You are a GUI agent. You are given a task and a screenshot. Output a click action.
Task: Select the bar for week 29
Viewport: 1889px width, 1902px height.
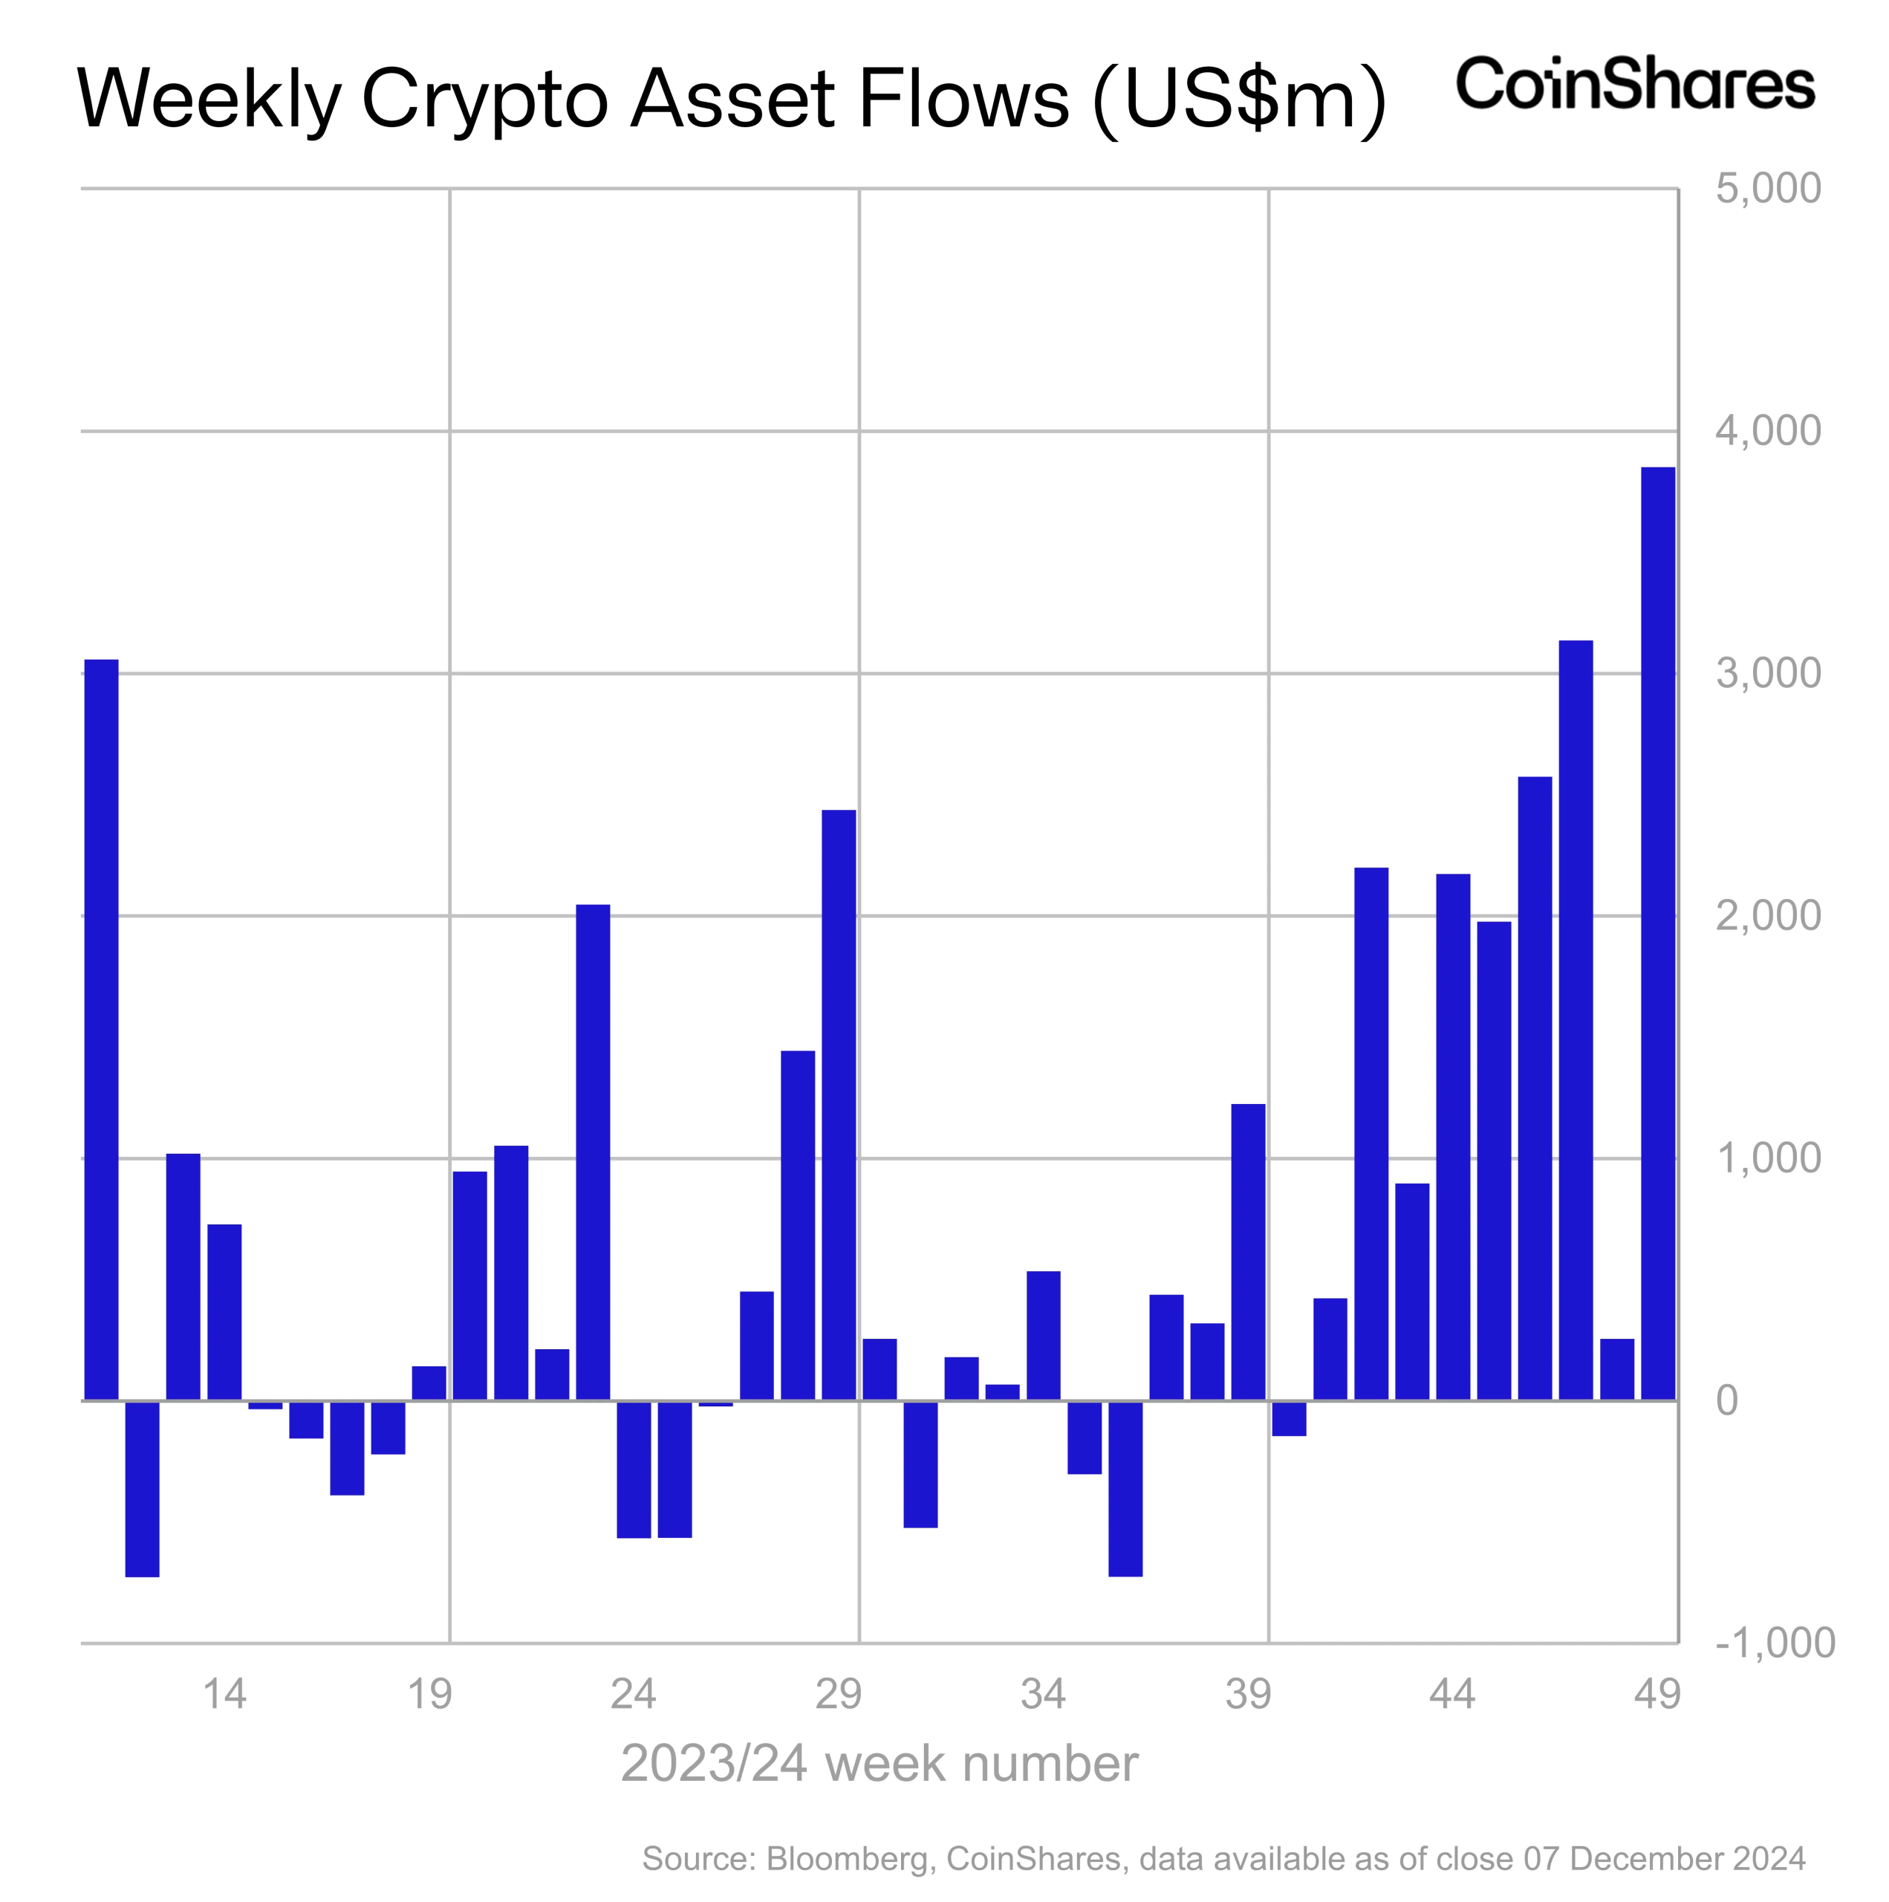pyautogui.click(x=839, y=1103)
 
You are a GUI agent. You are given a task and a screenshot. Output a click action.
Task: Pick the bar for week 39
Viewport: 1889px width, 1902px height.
pyautogui.click(x=1248, y=1251)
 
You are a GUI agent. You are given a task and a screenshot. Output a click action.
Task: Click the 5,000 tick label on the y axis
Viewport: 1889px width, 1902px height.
pyautogui.click(x=1768, y=188)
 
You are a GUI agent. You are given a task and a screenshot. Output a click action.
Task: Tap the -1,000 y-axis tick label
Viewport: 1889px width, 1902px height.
pyautogui.click(x=1775, y=1642)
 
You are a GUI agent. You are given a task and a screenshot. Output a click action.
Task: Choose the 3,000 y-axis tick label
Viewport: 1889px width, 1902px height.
pyautogui.click(x=1768, y=673)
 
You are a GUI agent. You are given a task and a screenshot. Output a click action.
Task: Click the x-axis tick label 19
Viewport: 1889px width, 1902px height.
pyautogui.click(x=429, y=1694)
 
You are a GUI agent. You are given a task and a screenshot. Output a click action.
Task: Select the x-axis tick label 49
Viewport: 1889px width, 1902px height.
pyautogui.click(x=1658, y=1694)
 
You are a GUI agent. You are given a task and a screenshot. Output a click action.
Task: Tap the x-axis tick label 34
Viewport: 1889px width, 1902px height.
pyautogui.click(x=1044, y=1694)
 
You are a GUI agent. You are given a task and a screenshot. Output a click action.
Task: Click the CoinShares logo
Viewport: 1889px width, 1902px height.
pyautogui.click(x=1635, y=85)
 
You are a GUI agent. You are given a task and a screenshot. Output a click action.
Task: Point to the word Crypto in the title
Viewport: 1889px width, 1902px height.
pyautogui.click(x=484, y=100)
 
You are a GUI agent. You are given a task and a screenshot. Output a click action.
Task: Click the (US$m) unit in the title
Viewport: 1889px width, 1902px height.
pyautogui.click(x=1239, y=100)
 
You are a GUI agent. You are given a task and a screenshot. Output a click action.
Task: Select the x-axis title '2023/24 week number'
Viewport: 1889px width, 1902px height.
pyautogui.click(x=879, y=1763)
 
